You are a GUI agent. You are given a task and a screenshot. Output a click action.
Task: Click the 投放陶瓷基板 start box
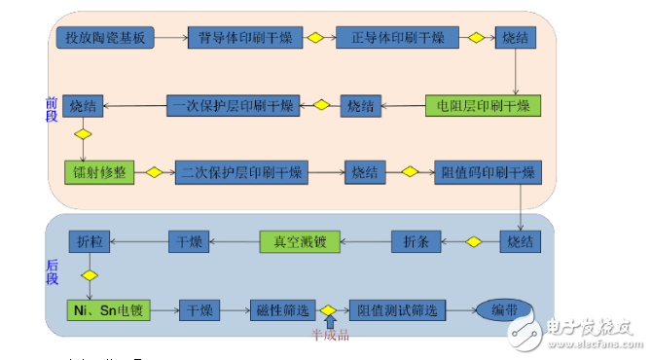click(105, 38)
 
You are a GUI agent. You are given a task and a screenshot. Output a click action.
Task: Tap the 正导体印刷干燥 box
click(391, 38)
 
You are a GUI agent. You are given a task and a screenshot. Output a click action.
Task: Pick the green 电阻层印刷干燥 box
click(482, 105)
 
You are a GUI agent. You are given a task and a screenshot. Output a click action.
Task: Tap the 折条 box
click(416, 240)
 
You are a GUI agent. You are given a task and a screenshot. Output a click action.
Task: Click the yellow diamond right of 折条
click(474, 241)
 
